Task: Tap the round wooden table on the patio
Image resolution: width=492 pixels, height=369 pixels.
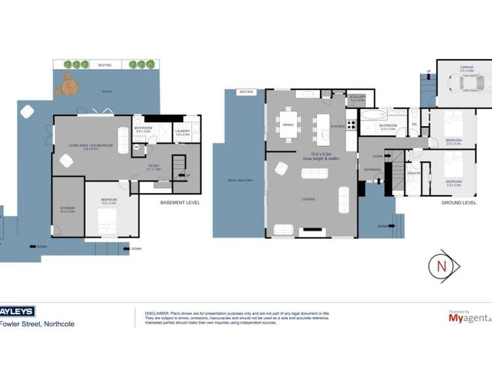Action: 70,85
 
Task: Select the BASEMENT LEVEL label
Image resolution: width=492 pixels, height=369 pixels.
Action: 179,203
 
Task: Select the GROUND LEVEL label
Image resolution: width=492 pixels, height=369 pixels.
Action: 458,203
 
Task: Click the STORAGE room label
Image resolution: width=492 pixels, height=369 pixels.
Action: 68,209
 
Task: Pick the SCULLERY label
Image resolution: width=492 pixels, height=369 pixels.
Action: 357,98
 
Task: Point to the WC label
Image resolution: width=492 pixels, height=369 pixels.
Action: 414,124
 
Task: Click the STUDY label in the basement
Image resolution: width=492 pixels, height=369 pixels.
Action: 154,167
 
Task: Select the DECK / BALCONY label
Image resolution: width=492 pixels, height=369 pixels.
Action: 236,180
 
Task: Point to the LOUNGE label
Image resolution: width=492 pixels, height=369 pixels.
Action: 309,199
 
